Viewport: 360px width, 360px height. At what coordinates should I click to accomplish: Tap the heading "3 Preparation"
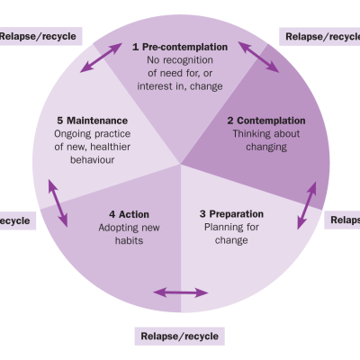(231, 214)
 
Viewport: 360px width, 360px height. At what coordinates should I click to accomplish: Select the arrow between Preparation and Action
(180, 292)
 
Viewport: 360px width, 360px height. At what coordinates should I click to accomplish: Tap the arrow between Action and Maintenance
(57, 203)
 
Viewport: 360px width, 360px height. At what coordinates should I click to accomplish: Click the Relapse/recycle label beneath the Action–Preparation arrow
(179, 337)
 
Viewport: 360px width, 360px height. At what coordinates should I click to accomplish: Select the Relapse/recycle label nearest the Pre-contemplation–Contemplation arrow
(320, 37)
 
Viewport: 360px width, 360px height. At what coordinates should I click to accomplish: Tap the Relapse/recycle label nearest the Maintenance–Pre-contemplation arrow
(39, 37)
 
